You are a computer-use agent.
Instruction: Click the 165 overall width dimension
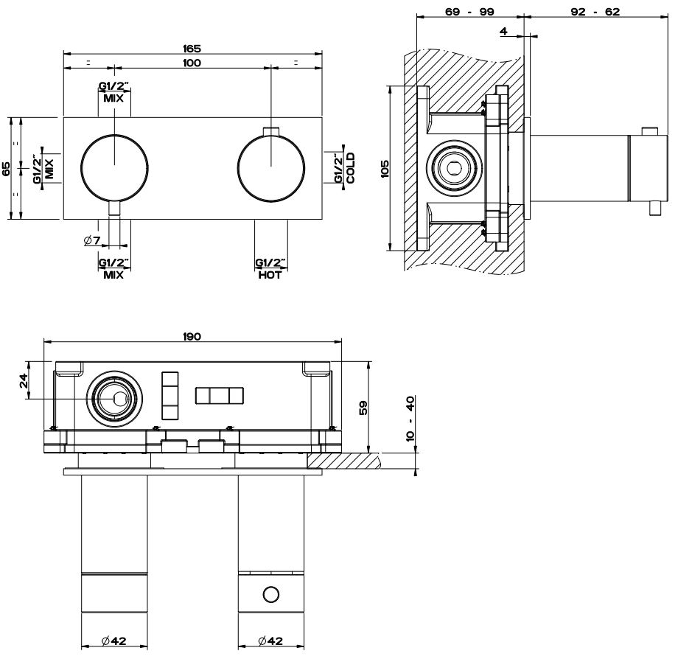click(192, 48)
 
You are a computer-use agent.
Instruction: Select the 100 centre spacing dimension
click(192, 63)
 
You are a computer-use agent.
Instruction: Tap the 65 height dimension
click(7, 168)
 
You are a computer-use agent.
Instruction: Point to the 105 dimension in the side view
click(384, 168)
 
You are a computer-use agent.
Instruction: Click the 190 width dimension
click(192, 336)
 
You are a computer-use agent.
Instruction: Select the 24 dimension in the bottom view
click(23, 380)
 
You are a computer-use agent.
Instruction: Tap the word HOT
click(270, 276)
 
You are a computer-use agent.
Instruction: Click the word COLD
click(351, 168)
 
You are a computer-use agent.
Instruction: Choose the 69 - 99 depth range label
click(469, 11)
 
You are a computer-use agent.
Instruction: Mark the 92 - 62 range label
click(595, 11)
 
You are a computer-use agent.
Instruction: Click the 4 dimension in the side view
click(503, 31)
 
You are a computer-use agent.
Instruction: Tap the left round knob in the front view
click(114, 168)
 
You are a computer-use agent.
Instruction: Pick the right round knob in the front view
click(271, 168)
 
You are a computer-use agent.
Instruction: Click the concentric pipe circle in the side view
click(452, 169)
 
